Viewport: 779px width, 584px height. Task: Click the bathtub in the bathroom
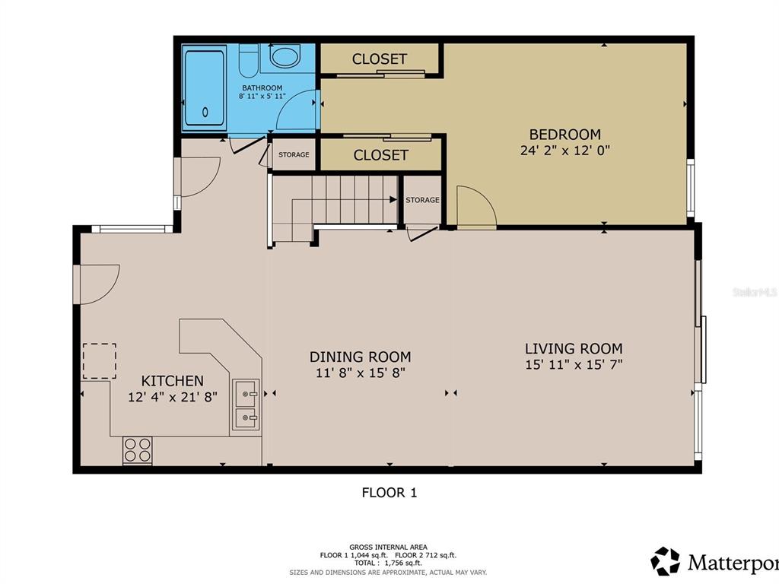pos(205,88)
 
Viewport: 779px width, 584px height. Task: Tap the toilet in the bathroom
pos(249,59)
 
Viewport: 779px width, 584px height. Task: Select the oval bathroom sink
pos(286,56)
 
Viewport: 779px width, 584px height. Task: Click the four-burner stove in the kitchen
pos(138,450)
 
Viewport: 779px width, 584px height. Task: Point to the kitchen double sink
pos(246,405)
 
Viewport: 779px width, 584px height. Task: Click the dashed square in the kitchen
pos(100,361)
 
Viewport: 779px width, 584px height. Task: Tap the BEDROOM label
pos(565,135)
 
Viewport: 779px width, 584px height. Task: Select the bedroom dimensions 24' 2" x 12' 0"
pos(565,151)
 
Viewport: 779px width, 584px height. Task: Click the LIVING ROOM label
pos(574,348)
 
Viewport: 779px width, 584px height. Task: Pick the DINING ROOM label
pos(360,357)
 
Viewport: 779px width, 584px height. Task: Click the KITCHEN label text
pos(173,381)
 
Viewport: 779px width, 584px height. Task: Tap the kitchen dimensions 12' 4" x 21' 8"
pos(173,397)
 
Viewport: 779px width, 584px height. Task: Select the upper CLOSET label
pos(380,59)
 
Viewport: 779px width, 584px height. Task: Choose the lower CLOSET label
pos(380,155)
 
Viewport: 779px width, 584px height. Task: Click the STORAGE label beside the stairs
pos(422,200)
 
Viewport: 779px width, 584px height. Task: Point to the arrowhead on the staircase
pos(393,200)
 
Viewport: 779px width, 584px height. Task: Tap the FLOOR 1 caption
pos(389,493)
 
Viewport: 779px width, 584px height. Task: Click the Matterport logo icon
pos(665,561)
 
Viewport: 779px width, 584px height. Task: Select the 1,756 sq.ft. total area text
pos(402,563)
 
